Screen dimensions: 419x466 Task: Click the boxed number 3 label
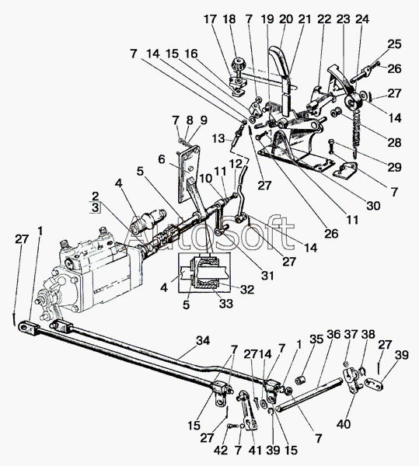pyautogui.click(x=95, y=207)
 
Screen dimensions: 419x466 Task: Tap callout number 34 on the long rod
pyautogui.click(x=203, y=341)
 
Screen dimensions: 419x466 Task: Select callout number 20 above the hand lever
pyautogui.click(x=286, y=19)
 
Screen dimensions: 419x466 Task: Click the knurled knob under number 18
pyautogui.click(x=239, y=64)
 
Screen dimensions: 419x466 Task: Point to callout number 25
pyautogui.click(x=394, y=44)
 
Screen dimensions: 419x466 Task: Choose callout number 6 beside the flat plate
pyautogui.click(x=162, y=159)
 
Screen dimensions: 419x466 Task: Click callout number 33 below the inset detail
pyautogui.click(x=226, y=304)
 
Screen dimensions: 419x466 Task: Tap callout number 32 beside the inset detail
pyautogui.click(x=247, y=289)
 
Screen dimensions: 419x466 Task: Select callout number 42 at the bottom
pyautogui.click(x=220, y=450)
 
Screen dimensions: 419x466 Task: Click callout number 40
pyautogui.click(x=344, y=424)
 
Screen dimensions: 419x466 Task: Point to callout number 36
pyautogui.click(x=333, y=334)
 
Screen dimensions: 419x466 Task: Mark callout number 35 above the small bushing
pyautogui.click(x=316, y=339)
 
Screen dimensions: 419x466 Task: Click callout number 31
pyautogui.click(x=267, y=276)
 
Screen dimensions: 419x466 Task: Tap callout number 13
pyautogui.click(x=219, y=138)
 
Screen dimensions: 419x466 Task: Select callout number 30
pyautogui.click(x=373, y=206)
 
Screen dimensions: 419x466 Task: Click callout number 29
pyautogui.click(x=394, y=167)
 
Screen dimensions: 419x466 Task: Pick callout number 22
pyautogui.click(x=324, y=19)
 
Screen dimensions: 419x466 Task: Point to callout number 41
pyautogui.click(x=256, y=450)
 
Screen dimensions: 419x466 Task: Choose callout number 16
pyautogui.click(x=191, y=54)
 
